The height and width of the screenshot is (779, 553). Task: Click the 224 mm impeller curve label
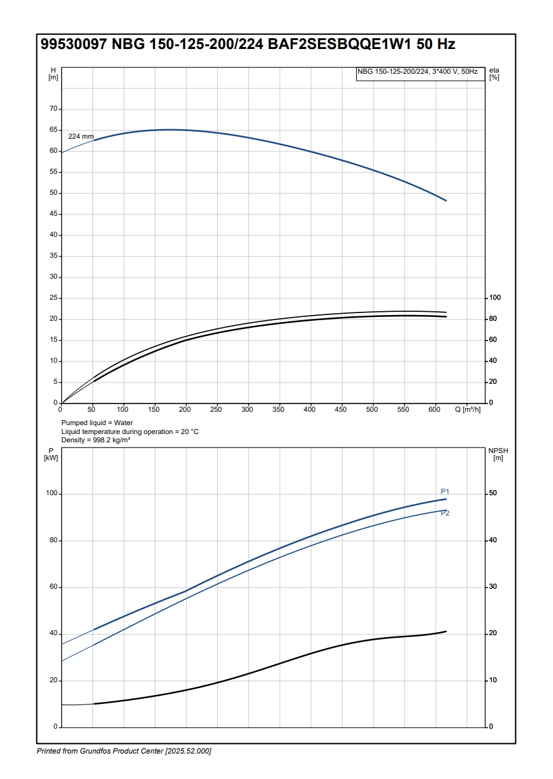(x=81, y=137)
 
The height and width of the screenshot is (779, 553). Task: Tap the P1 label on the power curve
(x=445, y=491)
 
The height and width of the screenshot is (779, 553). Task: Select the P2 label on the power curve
(x=445, y=513)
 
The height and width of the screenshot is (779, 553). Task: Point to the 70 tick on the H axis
(x=54, y=109)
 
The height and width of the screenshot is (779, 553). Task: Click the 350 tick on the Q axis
(x=278, y=409)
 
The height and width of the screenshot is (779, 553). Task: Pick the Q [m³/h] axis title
(x=468, y=409)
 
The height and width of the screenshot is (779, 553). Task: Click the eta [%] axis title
(x=494, y=73)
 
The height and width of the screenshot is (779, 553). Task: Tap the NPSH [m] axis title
(x=498, y=454)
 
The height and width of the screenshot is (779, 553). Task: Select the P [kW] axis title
(x=52, y=454)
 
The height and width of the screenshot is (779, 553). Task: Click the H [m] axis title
(x=53, y=73)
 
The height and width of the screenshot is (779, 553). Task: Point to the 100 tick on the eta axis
(x=494, y=298)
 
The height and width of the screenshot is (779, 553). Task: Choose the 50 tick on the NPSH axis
(x=492, y=494)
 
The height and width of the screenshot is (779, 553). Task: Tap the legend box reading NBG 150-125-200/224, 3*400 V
(x=418, y=72)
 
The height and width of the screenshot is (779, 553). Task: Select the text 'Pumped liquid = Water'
(x=97, y=423)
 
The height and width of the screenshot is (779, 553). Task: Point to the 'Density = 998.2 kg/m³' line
(x=96, y=440)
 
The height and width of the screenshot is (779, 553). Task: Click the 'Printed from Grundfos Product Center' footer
(x=124, y=751)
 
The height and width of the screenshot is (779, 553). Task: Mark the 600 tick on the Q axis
(x=434, y=409)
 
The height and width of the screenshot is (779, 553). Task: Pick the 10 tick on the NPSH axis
(x=492, y=680)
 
